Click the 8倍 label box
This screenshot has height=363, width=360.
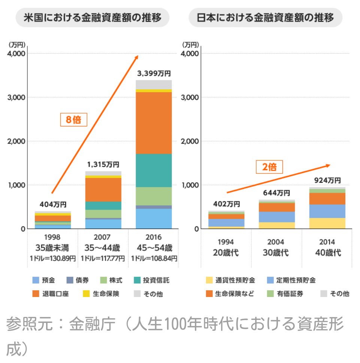coord(74,120)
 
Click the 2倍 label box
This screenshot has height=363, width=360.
coord(270,167)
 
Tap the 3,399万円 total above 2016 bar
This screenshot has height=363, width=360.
coord(154,73)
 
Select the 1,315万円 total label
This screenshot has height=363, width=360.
coord(103,164)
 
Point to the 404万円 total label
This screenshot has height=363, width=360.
coord(53,204)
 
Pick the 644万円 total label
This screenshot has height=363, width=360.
coord(277,193)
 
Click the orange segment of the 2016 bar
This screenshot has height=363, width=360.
coord(154,123)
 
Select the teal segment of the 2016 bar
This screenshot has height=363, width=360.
coord(154,171)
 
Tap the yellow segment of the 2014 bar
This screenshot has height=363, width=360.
coord(327,223)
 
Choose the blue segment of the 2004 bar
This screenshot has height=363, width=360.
coord(277,217)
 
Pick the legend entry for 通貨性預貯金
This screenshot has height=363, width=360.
coord(231,280)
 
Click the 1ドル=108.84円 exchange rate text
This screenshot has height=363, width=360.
coord(154,259)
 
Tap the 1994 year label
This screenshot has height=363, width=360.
coord(226,242)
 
